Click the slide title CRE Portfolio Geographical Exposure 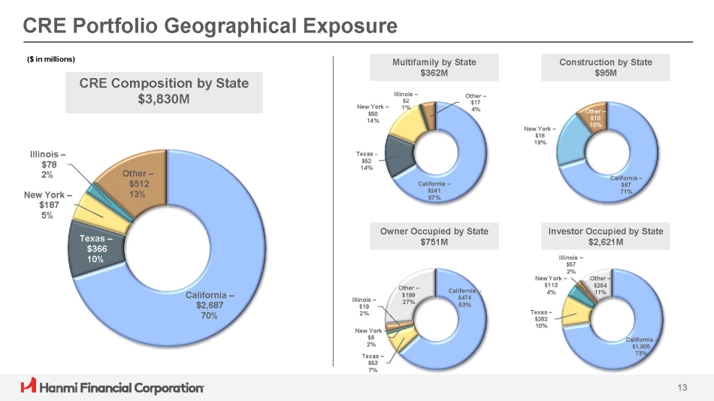pyautogui.click(x=210, y=26)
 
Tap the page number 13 pyautogui.click(x=682, y=387)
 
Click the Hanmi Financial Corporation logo pyautogui.click(x=113, y=387)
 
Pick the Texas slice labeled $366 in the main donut pyautogui.click(x=96, y=249)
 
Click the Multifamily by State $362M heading pyautogui.click(x=434, y=67)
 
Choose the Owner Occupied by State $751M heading pyautogui.click(x=434, y=237)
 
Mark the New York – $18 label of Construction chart pyautogui.click(x=540, y=136)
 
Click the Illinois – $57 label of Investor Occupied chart pyautogui.click(x=572, y=264)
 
